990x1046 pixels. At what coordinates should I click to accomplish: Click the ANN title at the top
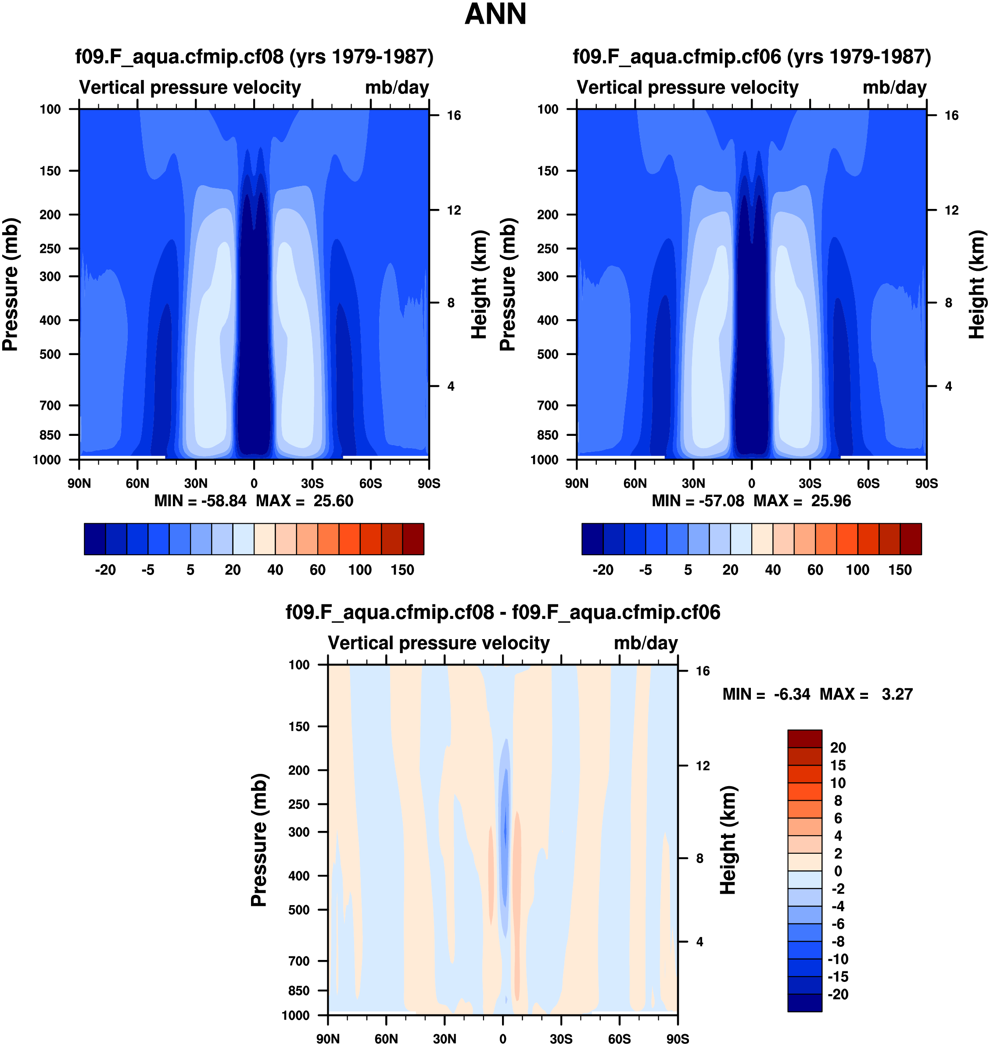point(495,14)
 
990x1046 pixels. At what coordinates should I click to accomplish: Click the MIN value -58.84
point(224,500)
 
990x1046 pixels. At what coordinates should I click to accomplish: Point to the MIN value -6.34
point(792,694)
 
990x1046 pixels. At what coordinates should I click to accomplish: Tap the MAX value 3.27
point(897,694)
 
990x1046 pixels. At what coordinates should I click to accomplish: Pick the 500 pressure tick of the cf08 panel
point(50,354)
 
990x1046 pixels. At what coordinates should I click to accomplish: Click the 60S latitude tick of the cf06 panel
point(868,483)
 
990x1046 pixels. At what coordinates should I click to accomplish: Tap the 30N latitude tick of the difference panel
point(445,1038)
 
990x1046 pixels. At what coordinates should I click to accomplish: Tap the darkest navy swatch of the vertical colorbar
point(804,1002)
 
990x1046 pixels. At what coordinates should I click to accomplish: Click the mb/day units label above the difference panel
point(646,643)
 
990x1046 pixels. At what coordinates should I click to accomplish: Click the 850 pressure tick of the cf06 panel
point(548,435)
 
